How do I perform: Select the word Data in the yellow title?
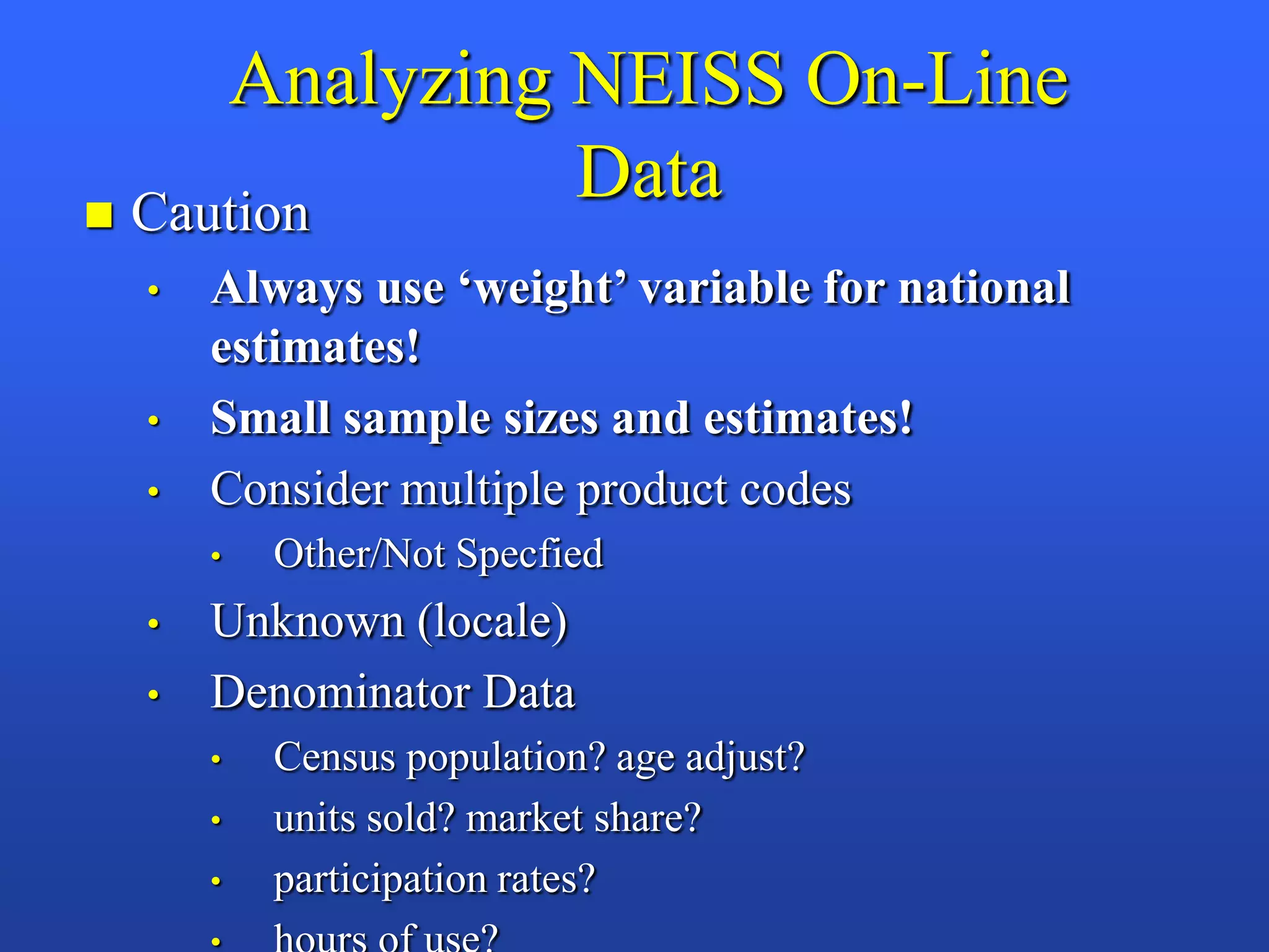coord(649,173)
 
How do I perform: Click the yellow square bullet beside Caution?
coord(99,215)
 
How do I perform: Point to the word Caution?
coord(221,213)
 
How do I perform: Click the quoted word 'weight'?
coord(543,289)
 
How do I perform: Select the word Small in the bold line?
coord(270,418)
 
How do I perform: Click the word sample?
coord(416,419)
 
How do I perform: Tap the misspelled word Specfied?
coord(530,554)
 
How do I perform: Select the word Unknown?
coord(307,621)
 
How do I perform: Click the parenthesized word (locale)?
coord(492,621)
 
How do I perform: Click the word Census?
coord(334,757)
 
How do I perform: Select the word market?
coord(524,818)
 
